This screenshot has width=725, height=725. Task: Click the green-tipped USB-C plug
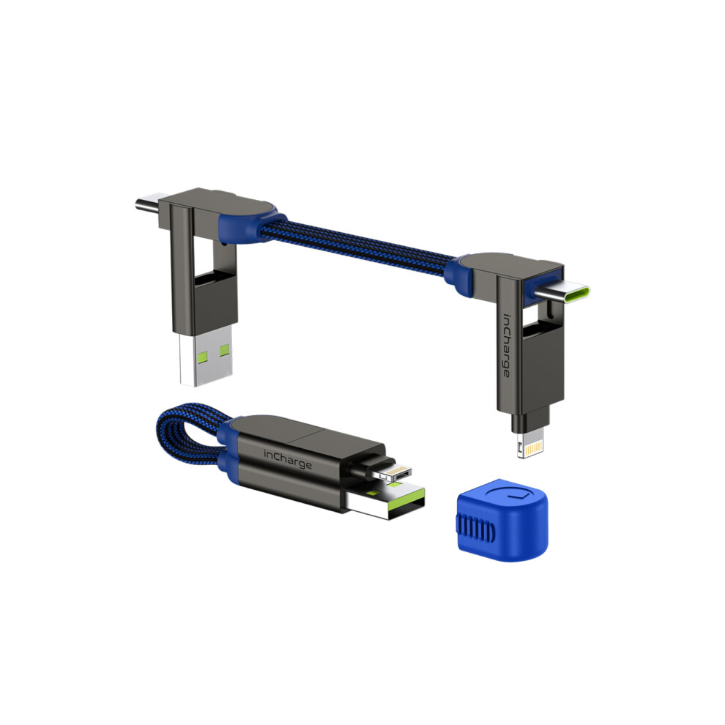point(561,292)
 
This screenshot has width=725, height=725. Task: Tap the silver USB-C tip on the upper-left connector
point(148,203)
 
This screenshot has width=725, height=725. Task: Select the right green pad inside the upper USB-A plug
point(224,351)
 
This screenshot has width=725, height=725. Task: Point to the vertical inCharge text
point(507,346)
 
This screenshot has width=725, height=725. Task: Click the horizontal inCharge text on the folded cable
point(288,459)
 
